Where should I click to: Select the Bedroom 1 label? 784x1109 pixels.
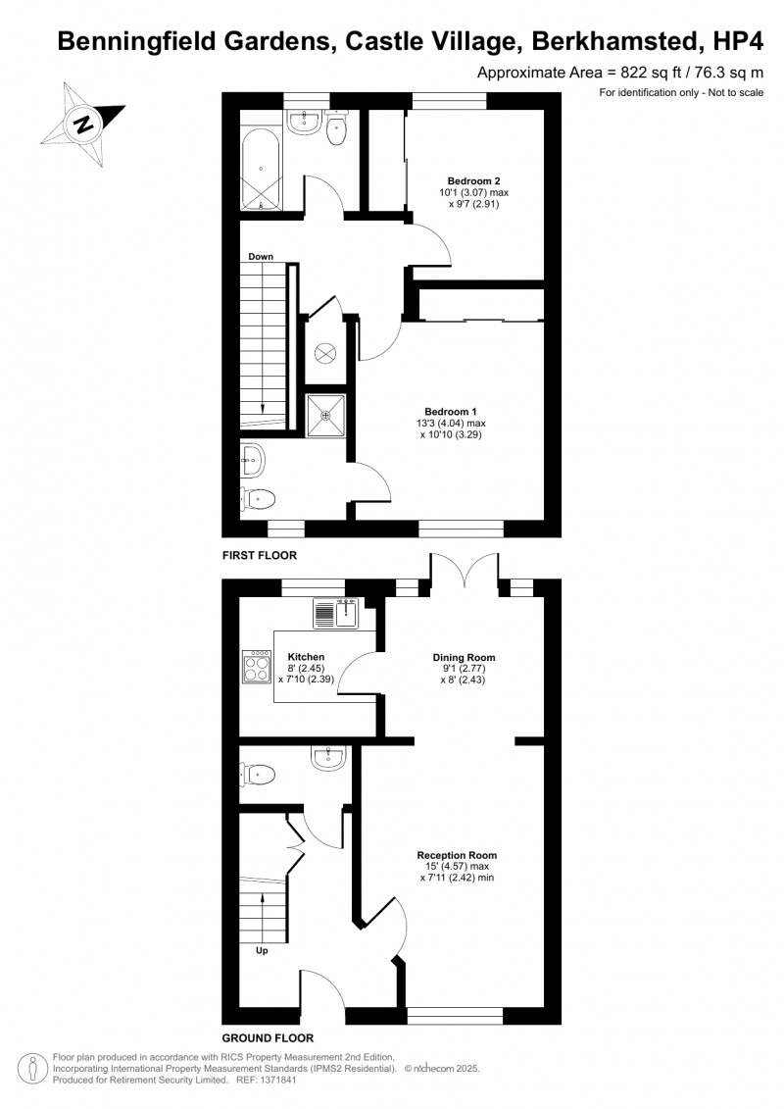pyautogui.click(x=450, y=411)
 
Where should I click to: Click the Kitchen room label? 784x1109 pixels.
pyautogui.click(x=306, y=657)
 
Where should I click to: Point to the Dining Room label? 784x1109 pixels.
pyautogui.click(x=465, y=658)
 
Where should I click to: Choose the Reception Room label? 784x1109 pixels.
pyautogui.click(x=456, y=854)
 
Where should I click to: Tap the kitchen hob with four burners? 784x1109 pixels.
pyautogui.click(x=257, y=668)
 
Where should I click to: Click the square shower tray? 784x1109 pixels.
pyautogui.click(x=326, y=415)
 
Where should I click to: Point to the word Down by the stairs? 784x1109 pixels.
pyautogui.click(x=261, y=257)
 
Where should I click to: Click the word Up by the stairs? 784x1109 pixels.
pyautogui.click(x=263, y=950)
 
